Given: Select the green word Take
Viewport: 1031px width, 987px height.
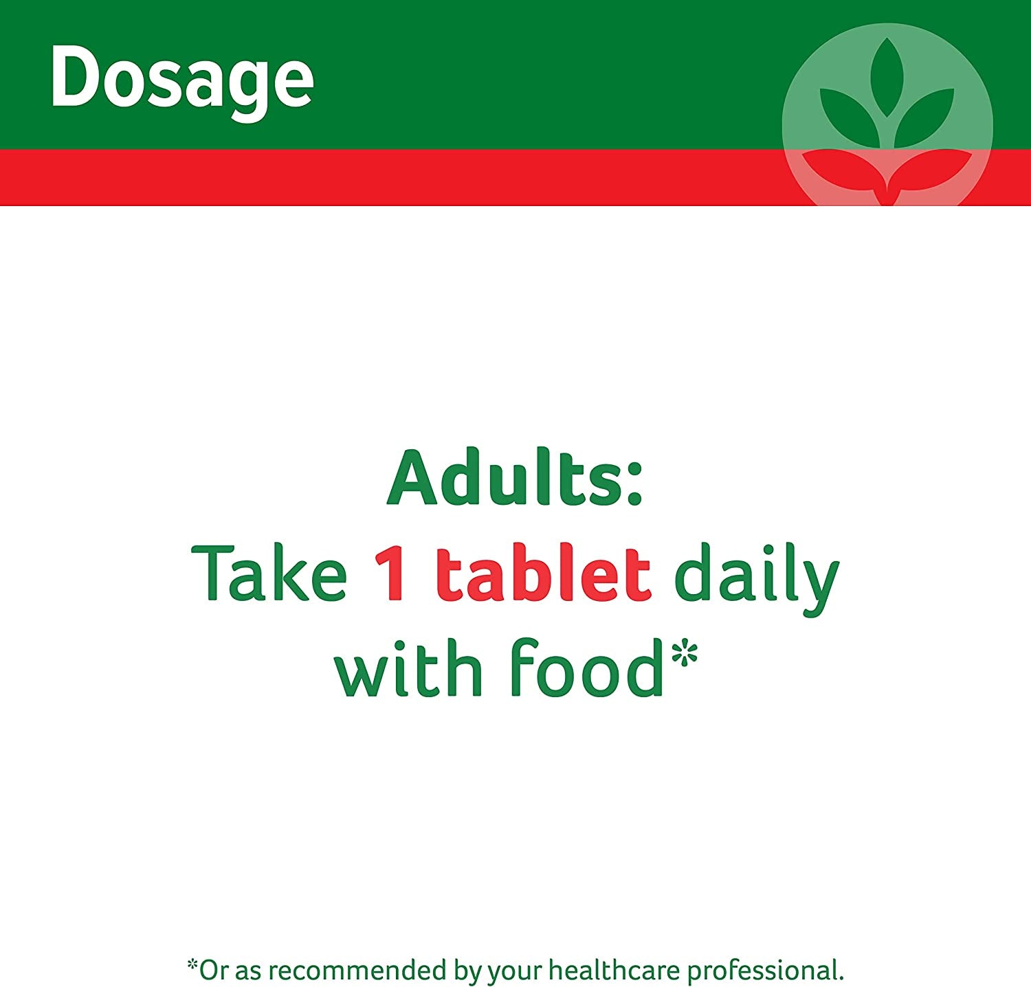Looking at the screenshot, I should tap(269, 574).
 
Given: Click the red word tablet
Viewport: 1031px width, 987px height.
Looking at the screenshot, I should tap(543, 574).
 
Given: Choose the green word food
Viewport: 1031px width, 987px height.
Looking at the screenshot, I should tap(588, 668).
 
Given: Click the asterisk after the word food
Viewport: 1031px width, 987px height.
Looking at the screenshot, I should tap(685, 653).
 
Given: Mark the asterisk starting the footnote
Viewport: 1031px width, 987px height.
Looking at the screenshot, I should tap(192, 965).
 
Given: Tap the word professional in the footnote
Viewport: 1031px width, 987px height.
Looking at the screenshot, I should tap(765, 971).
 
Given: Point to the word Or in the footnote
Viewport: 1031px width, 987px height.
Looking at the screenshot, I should tap(213, 971).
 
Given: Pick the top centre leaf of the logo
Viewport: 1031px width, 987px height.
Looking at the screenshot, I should tap(887, 76).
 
